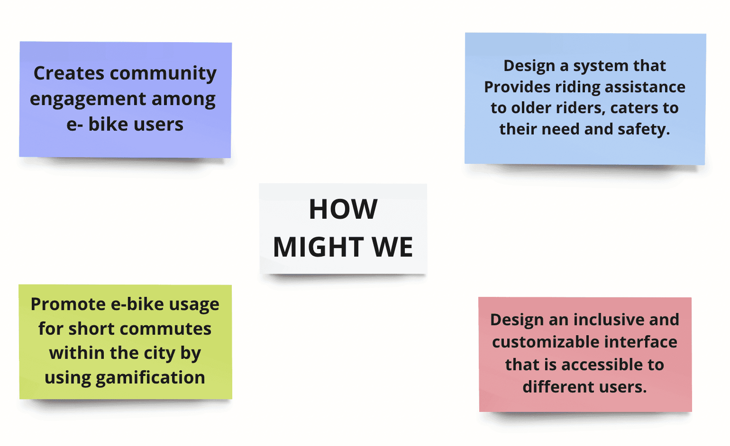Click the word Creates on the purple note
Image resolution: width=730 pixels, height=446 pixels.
[69, 73]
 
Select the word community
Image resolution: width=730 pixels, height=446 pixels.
[164, 73]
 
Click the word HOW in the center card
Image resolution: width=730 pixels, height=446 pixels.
[343, 209]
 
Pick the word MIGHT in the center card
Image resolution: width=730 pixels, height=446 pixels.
[318, 247]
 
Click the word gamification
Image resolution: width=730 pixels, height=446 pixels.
[150, 377]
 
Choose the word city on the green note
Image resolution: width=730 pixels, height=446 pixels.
[160, 353]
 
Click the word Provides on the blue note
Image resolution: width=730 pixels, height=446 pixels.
[517, 87]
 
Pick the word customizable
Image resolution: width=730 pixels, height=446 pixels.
[545, 342]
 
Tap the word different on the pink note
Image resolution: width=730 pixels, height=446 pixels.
[552, 387]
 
